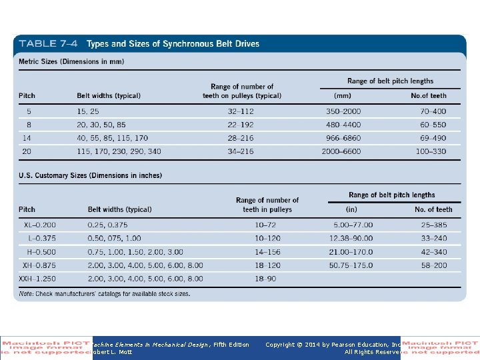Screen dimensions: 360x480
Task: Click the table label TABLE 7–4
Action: pyautogui.click(x=47, y=44)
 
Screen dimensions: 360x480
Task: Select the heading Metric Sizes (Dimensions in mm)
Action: pyautogui.click(x=71, y=62)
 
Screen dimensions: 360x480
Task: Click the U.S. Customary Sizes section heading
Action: pyautogui.click(x=89, y=175)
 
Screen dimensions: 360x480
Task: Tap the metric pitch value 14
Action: pyautogui.click(x=27, y=138)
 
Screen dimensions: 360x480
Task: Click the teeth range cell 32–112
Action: pyautogui.click(x=241, y=111)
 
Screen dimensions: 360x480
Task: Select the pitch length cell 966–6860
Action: pyautogui.click(x=343, y=138)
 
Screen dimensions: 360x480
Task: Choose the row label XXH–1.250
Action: pyautogui.click(x=37, y=278)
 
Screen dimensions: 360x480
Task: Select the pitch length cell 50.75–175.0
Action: pyautogui.click(x=351, y=265)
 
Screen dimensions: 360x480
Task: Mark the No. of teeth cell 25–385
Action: pyautogui.click(x=433, y=225)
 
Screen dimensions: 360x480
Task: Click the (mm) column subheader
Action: pyautogui.click(x=343, y=96)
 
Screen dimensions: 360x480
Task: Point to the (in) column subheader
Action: pyautogui.click(x=351, y=209)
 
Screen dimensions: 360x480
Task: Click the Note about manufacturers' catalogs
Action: pyautogui.click(x=104, y=293)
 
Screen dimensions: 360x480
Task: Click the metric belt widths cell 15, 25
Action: pyautogui.click(x=88, y=111)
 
